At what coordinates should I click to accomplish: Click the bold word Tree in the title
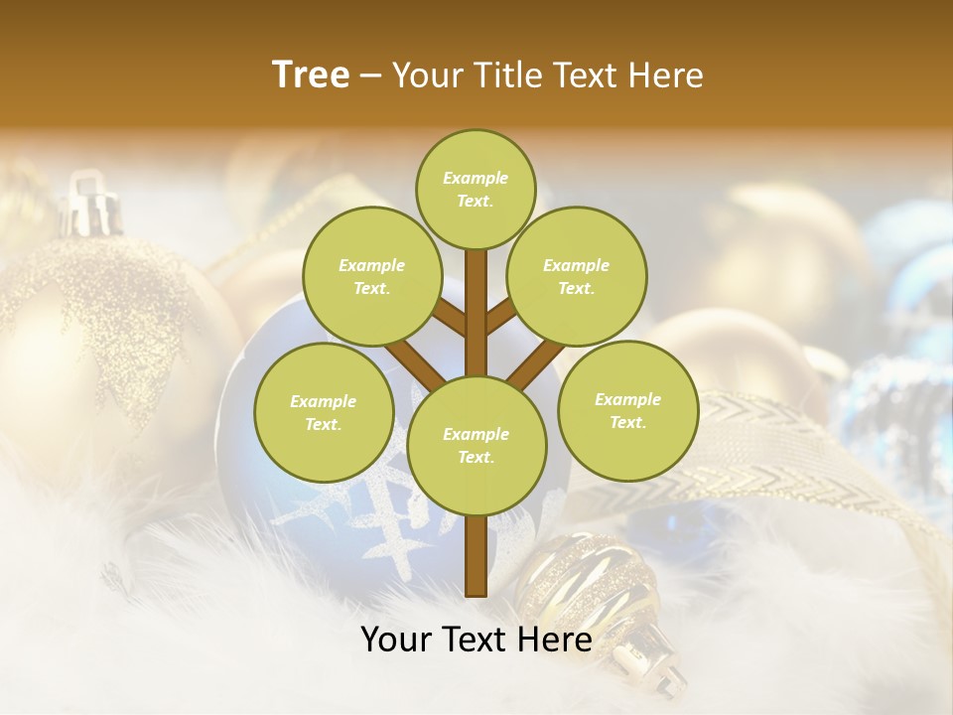pos(311,75)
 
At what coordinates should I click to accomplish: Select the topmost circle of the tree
pos(476,189)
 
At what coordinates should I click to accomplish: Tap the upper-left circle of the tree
pos(371,276)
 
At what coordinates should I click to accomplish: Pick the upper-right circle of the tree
pos(576,276)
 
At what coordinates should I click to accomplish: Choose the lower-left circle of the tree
pos(324,412)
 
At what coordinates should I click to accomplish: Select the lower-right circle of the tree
pos(627,410)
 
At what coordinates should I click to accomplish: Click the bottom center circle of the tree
pos(476,445)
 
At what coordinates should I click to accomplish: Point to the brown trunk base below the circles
pos(476,556)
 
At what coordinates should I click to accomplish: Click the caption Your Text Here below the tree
pos(476,640)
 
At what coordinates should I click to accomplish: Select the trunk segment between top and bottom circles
pos(476,313)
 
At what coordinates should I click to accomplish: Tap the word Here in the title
pos(667,75)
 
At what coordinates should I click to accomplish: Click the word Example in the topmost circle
pos(476,179)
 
